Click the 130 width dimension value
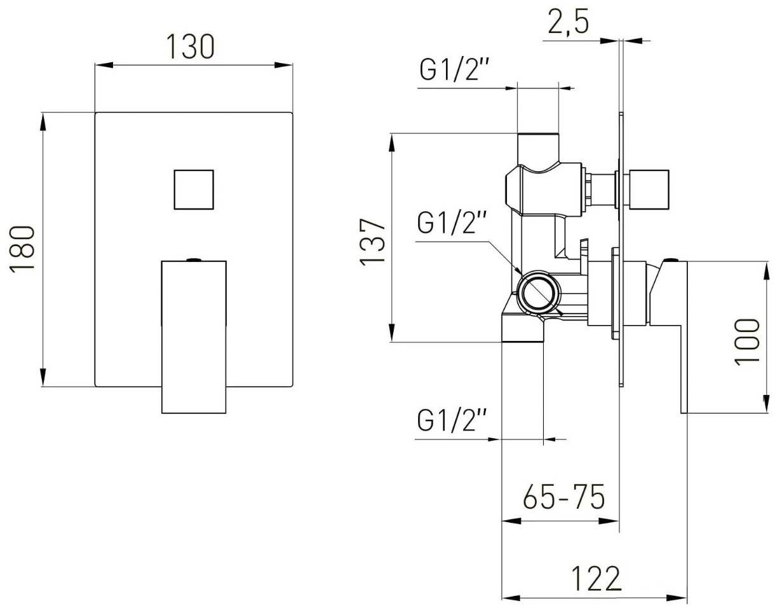click(191, 46)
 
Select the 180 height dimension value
click(22, 249)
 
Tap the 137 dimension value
click(372, 242)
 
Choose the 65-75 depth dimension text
click(564, 497)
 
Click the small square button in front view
click(194, 190)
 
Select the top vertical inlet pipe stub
click(538, 149)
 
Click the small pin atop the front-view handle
click(194, 259)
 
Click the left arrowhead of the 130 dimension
click(104, 66)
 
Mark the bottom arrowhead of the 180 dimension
click(43, 377)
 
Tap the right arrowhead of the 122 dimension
click(678, 598)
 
